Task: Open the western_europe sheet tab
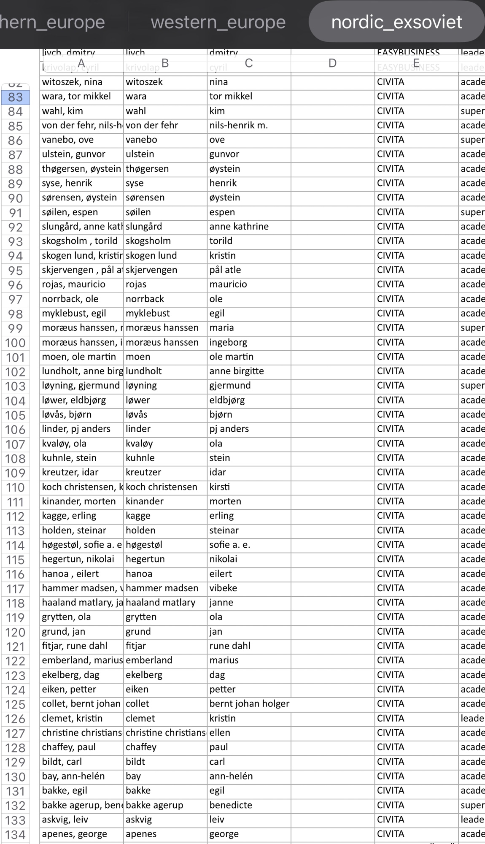tap(218, 22)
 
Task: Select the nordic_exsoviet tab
tap(396, 22)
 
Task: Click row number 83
tap(15, 97)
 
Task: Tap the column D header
tap(332, 63)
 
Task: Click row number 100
tap(15, 343)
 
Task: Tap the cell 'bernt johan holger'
tap(249, 704)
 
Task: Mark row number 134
tap(15, 835)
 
